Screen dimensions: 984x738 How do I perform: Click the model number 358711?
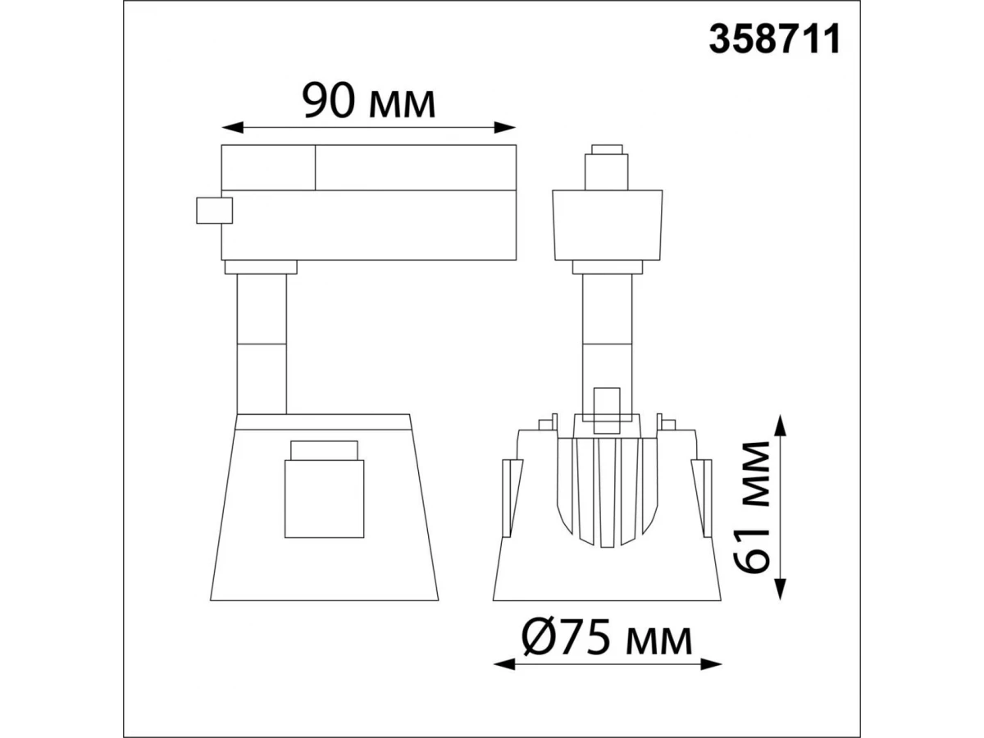click(x=774, y=39)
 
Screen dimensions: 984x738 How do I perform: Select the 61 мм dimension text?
click(x=751, y=508)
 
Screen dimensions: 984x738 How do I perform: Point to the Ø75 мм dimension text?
click(x=607, y=635)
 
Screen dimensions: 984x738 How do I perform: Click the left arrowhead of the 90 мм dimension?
click(x=232, y=127)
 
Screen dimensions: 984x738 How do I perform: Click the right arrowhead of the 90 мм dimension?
click(x=505, y=127)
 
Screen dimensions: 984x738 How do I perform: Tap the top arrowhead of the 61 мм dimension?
click(x=781, y=426)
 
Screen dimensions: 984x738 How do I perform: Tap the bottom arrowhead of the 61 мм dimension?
click(x=781, y=589)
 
